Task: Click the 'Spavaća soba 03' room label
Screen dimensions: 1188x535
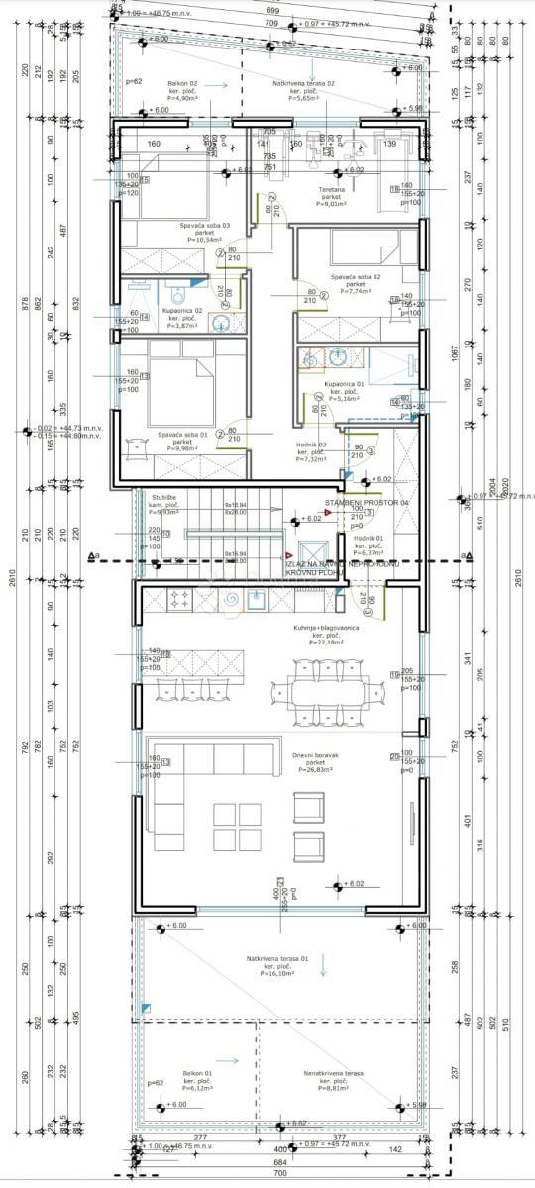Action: [x=197, y=225]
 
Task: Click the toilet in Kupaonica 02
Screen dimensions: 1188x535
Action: [x=177, y=293]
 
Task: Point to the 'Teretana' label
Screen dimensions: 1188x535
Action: [x=329, y=189]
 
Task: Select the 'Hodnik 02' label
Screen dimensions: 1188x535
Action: [x=312, y=445]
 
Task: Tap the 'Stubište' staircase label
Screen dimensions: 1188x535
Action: [x=164, y=497]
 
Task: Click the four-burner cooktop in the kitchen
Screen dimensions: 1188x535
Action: [x=180, y=598]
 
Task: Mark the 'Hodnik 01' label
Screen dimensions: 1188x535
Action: [x=368, y=538]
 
